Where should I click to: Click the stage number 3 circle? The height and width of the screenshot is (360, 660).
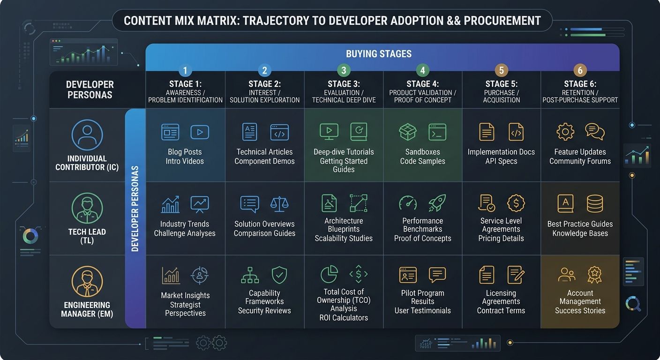tap(344, 71)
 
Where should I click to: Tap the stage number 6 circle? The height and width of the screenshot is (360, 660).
tap(580, 71)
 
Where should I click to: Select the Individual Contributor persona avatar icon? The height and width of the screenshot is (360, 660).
tap(87, 135)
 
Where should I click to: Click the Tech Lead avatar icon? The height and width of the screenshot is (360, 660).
tap(87, 208)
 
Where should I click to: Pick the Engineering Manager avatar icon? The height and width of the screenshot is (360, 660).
tap(87, 282)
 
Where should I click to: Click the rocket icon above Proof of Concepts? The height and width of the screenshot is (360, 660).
tap(437, 203)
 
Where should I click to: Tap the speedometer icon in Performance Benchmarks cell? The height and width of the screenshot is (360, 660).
tap(408, 203)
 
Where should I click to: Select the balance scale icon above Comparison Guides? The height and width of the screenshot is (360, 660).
tap(279, 203)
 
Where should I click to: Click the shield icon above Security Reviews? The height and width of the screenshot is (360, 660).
tap(279, 275)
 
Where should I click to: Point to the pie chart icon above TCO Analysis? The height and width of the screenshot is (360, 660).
tap(329, 275)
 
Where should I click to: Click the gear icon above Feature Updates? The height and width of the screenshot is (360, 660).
tap(565, 132)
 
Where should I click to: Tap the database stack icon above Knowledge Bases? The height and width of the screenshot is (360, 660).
tap(595, 203)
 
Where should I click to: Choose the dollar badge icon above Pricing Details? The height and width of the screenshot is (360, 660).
tap(516, 203)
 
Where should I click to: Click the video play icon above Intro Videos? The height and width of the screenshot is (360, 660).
tap(200, 132)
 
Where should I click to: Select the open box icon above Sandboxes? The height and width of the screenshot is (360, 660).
tap(408, 132)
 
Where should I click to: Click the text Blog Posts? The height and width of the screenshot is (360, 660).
tap(185, 152)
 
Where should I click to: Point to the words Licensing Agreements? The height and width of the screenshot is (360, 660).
tap(501, 297)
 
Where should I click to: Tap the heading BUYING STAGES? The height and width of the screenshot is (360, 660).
tap(379, 54)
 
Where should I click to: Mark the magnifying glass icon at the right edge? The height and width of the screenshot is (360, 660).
tap(633, 305)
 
